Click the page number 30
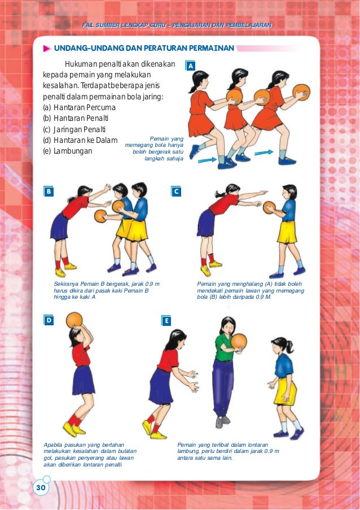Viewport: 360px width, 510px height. [x=41, y=487]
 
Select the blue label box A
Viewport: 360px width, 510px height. [x=191, y=66]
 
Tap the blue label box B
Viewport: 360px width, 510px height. [x=49, y=191]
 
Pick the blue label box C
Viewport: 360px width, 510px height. [x=176, y=191]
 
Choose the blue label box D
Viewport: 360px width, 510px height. [x=49, y=320]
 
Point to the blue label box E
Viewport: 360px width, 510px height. [x=166, y=321]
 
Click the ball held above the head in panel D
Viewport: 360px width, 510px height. [x=74, y=320]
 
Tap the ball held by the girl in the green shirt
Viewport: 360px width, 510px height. [x=239, y=341]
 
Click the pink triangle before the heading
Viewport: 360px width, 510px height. [x=47, y=49]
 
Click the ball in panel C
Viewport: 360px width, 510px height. [x=269, y=207]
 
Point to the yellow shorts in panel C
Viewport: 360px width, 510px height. [x=287, y=232]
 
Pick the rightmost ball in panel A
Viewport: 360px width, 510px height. [x=301, y=92]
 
